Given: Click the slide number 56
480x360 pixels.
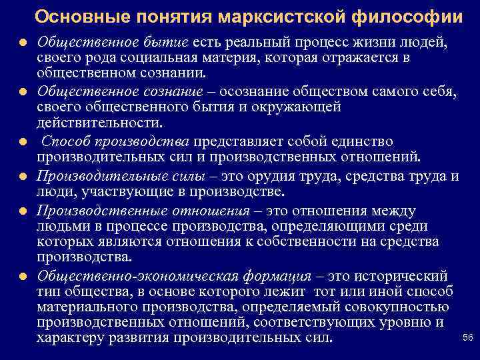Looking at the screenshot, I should point(467,338).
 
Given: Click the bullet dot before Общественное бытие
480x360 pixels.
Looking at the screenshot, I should point(23,43).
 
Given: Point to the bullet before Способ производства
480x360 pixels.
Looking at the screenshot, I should point(23,143).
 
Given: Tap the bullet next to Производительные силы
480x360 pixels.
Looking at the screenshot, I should point(23,177).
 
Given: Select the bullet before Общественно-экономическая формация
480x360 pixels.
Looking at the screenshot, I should point(23,277).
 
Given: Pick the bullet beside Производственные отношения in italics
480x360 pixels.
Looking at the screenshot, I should point(23,211).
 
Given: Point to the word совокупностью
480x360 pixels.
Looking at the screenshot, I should point(393,307).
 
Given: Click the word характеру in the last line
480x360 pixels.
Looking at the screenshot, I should point(72,338).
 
